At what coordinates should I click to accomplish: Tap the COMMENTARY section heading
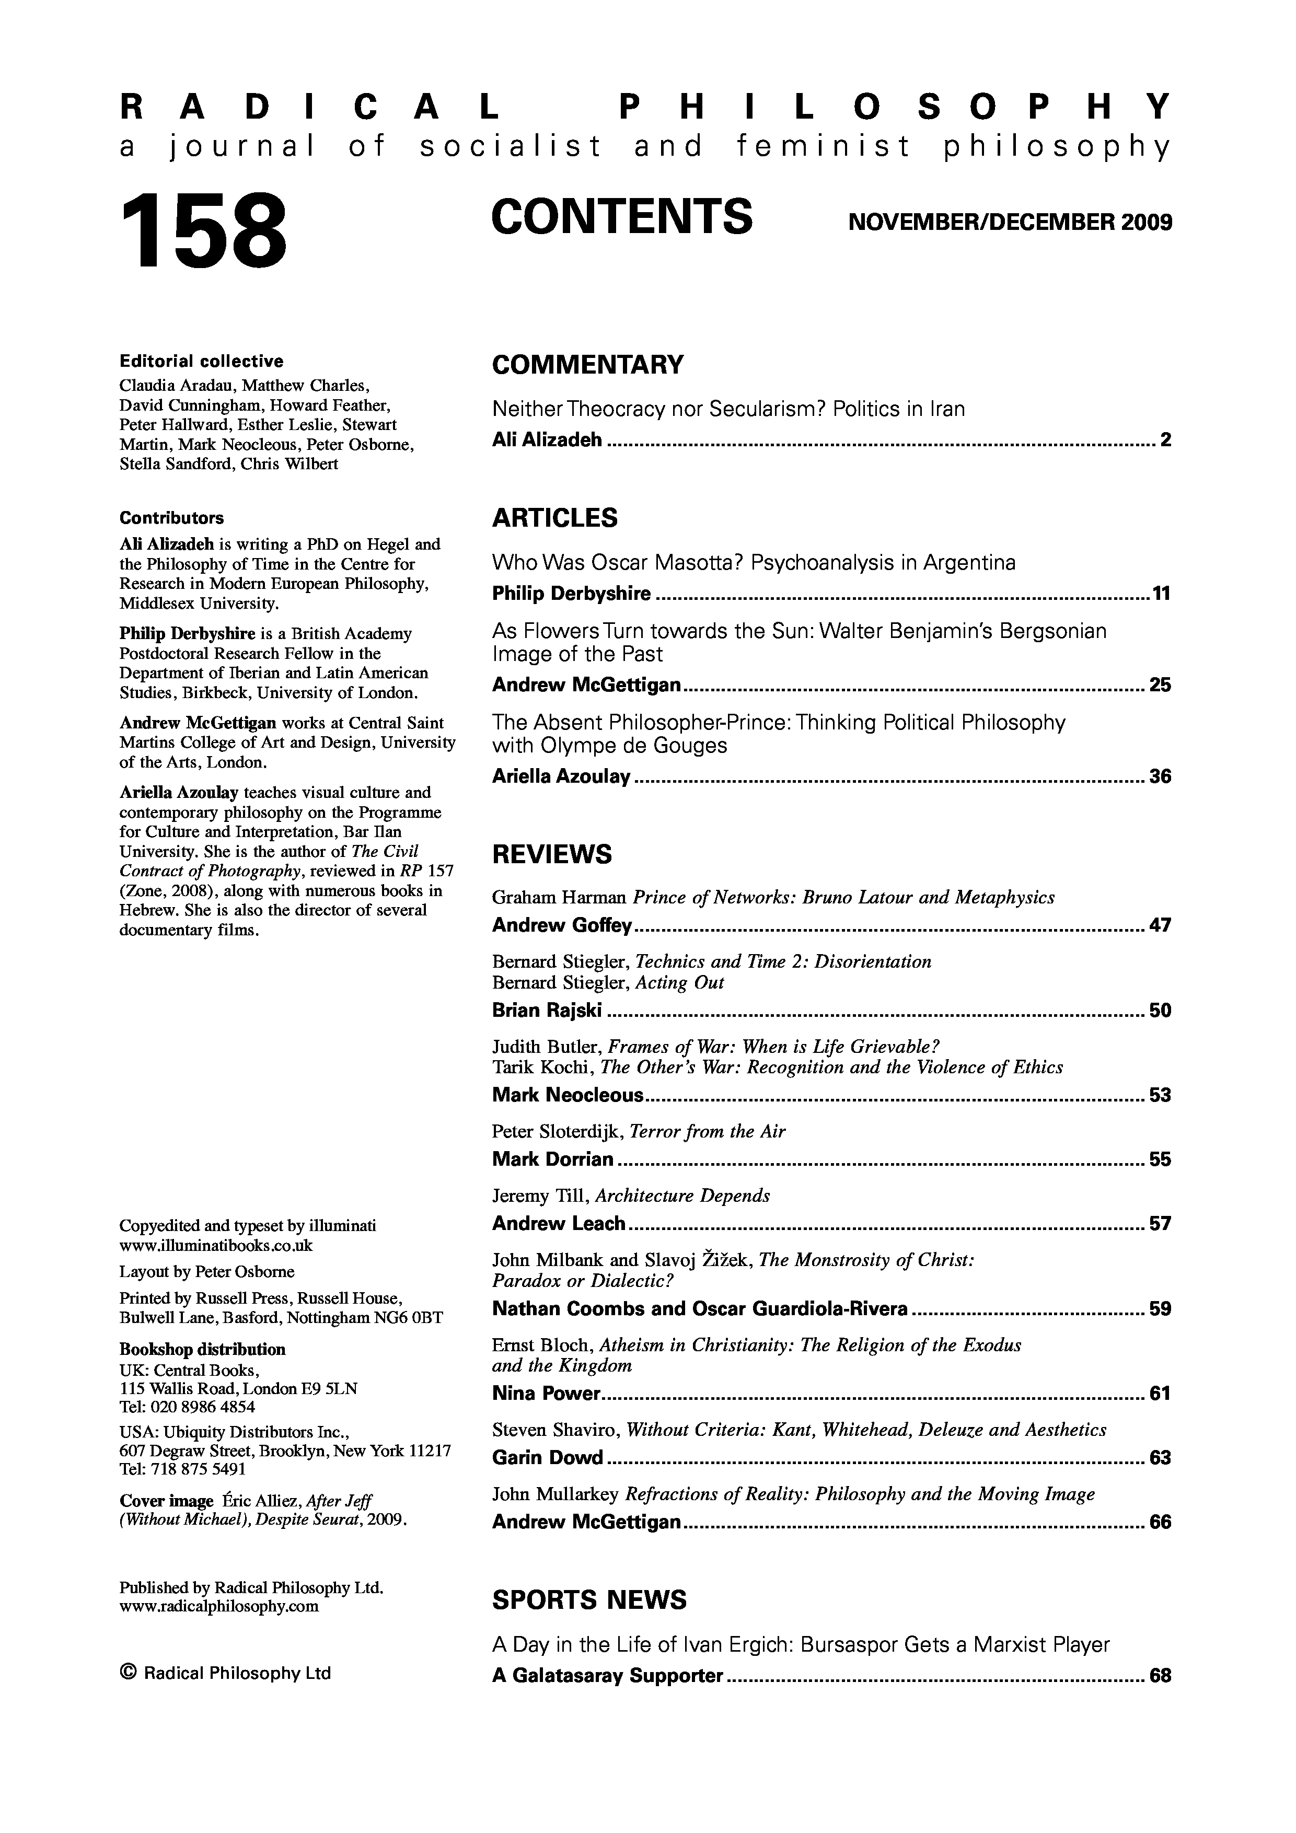pos(588,365)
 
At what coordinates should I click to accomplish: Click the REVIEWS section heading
pos(552,854)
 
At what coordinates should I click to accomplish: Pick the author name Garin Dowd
pos(547,1458)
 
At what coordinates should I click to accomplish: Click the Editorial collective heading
pos(201,361)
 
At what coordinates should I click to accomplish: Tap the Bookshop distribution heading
pos(202,1349)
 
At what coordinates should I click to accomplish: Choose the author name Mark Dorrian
pos(552,1159)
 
